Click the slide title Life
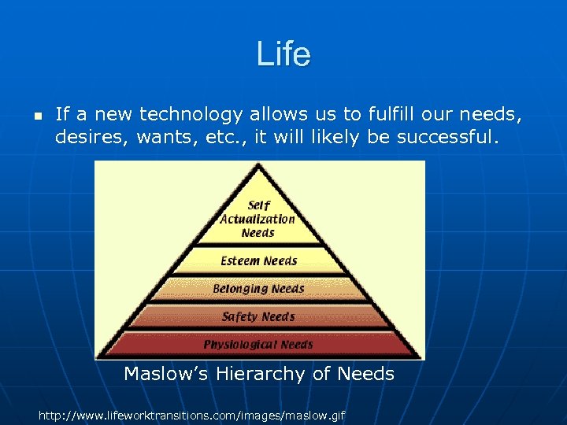click(283, 54)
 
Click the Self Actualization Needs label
click(258, 219)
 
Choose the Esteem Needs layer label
click(258, 261)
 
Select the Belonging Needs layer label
click(258, 289)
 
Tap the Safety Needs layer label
click(258, 317)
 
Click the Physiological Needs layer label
click(258, 345)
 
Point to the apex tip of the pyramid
click(258, 164)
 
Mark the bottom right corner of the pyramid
click(420, 357)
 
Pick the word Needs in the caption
click(365, 374)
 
